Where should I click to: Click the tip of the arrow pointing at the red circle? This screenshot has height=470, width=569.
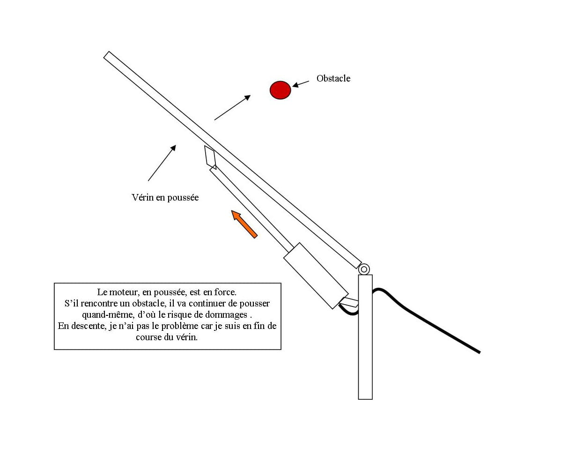pos(292,87)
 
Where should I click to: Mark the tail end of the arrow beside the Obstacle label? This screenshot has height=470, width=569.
pos(309,81)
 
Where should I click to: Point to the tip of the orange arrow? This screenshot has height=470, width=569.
pos(232,211)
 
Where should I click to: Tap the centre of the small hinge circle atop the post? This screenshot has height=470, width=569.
pos(364,269)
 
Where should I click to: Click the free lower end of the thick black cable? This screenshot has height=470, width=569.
pos(480,353)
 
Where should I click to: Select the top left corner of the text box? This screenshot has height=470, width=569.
pos(54,283)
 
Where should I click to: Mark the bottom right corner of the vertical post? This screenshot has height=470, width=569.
pos(372,399)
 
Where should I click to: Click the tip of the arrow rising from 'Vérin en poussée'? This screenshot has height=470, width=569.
pos(176,145)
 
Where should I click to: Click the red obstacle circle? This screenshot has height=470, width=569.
pos(280,90)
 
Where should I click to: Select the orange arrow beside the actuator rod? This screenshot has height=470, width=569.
pos(244,224)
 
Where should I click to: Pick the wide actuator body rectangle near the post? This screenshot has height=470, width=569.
pos(316,276)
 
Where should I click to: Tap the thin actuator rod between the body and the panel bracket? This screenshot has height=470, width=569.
pos(251,209)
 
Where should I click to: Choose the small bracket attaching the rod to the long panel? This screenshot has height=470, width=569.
pos(210,157)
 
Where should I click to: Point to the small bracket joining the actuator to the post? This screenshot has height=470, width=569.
pos(349,302)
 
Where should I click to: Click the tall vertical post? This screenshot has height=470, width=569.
pos(365,337)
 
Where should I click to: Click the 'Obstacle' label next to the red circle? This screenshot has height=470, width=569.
pos(333,79)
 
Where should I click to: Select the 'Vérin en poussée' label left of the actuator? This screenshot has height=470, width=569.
pos(165,197)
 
